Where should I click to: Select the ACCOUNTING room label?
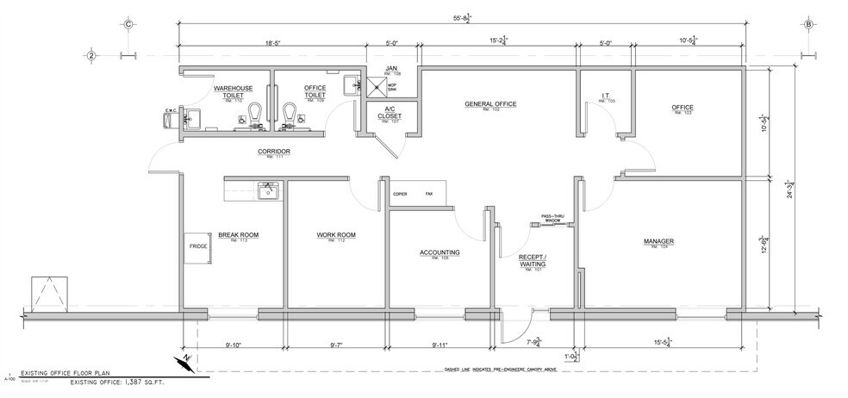pyautogui.click(x=439, y=253)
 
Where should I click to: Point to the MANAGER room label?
pyautogui.click(x=659, y=241)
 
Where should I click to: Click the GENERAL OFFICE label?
pyautogui.click(x=489, y=104)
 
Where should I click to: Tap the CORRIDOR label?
pyautogui.click(x=271, y=152)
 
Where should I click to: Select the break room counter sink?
pyautogui.click(x=269, y=190)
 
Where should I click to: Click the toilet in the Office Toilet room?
pyautogui.click(x=291, y=111)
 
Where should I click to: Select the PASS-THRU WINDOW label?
pyautogui.click(x=552, y=218)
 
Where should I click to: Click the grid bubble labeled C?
pyautogui.click(x=128, y=24)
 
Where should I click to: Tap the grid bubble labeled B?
pyautogui.click(x=808, y=24)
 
